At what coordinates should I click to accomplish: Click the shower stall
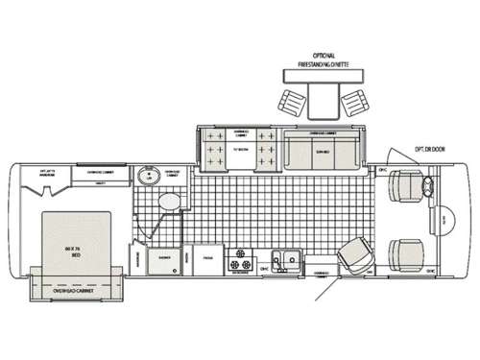(163, 256)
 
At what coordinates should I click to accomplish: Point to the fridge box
(205, 257)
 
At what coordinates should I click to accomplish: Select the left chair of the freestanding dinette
(289, 98)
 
